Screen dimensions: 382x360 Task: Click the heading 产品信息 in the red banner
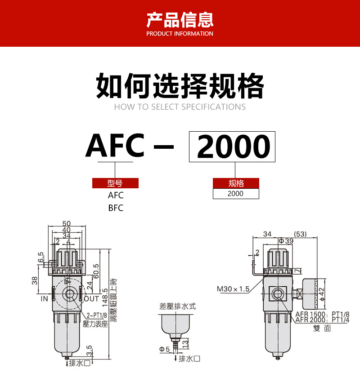pos(180,20)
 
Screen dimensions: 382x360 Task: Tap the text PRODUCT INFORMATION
pos(180,34)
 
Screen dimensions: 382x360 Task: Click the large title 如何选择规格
pos(180,86)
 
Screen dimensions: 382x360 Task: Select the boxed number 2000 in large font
pos(232,147)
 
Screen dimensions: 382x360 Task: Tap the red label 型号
pos(115,183)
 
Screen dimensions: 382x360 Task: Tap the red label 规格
pos(236,183)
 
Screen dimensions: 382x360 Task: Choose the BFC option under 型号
pos(115,208)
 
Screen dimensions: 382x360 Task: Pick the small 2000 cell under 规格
pos(236,194)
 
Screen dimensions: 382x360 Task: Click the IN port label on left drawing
pos(45,298)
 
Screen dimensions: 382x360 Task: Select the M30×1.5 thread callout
pos(233,289)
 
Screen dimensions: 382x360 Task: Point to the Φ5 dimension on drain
pos(165,349)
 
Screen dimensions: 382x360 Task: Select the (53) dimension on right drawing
pos(300,234)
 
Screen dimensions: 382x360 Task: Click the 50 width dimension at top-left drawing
pos(67,223)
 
